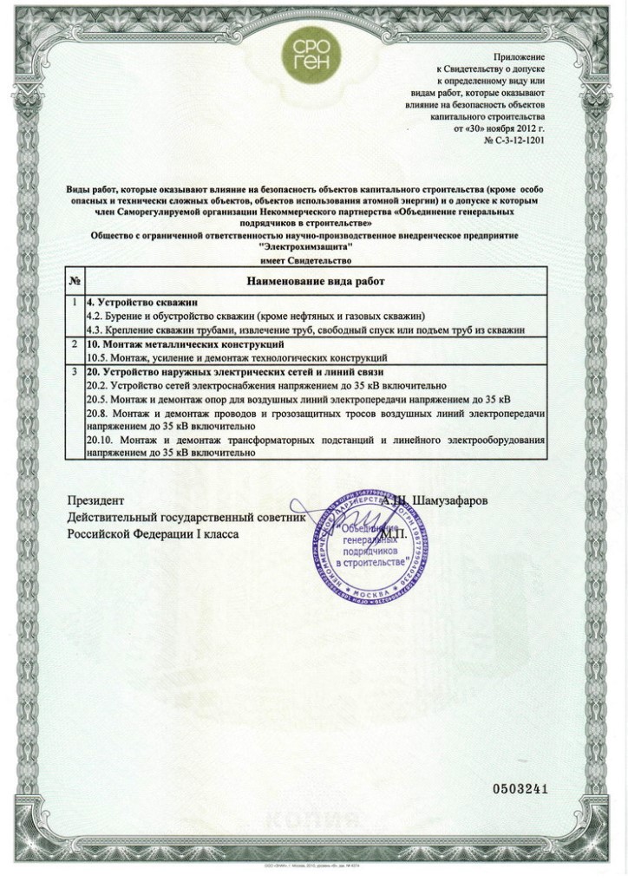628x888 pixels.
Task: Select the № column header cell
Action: click(75, 282)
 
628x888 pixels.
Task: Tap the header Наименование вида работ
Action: click(316, 282)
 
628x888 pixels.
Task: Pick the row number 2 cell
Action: click(75, 345)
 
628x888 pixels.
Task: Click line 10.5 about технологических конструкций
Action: click(237, 357)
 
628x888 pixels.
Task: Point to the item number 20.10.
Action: click(101, 441)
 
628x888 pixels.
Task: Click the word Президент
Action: click(96, 501)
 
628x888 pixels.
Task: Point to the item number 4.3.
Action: click(96, 330)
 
